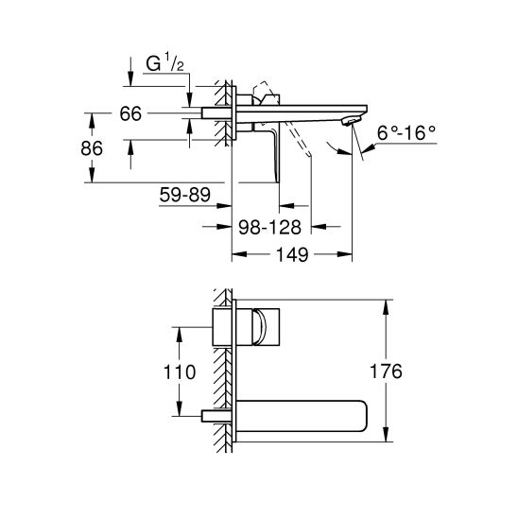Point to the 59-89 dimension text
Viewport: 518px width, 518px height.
185,196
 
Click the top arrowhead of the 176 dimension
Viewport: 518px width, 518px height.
388,305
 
